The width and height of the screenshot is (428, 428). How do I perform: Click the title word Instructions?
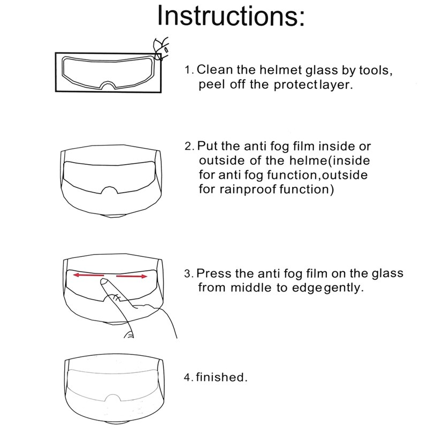tap(231, 16)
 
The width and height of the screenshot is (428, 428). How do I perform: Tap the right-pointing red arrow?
tap(132, 277)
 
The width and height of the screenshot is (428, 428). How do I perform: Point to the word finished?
tap(221, 377)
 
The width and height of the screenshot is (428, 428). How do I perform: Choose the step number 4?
tap(188, 378)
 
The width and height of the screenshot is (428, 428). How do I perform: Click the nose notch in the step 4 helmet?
tap(111, 400)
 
